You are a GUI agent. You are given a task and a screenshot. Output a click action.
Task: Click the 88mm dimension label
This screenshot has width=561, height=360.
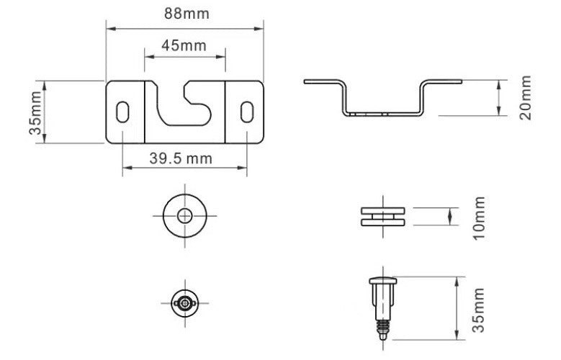[187, 14]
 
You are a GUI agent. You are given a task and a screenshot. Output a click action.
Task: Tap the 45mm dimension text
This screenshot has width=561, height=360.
[184, 46]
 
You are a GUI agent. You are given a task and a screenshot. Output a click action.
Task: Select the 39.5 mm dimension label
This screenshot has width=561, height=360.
[181, 158]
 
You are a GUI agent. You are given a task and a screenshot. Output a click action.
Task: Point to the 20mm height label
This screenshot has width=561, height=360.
[526, 97]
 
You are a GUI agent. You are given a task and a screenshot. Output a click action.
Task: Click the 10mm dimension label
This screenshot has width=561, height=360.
[479, 218]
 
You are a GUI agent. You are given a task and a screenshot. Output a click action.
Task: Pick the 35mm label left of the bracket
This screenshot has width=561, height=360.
[35, 113]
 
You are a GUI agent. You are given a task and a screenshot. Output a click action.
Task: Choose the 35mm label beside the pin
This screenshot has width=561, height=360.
[479, 310]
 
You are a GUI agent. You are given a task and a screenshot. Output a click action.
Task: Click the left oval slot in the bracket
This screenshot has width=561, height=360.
[122, 112]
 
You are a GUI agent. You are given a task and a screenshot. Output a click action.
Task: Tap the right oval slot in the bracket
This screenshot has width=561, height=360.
[247, 112]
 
